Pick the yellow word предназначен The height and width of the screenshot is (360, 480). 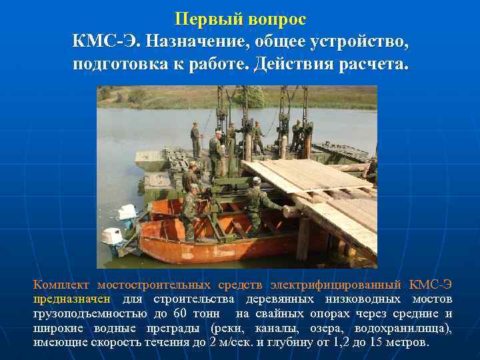[73, 299]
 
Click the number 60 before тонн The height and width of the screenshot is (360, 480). [180, 313]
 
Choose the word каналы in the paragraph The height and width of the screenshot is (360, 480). [283, 328]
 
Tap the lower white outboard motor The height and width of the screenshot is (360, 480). [111, 237]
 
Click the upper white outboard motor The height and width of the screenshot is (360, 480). [127, 213]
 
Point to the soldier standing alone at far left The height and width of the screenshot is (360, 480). [195, 139]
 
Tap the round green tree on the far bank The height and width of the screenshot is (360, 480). [249, 97]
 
